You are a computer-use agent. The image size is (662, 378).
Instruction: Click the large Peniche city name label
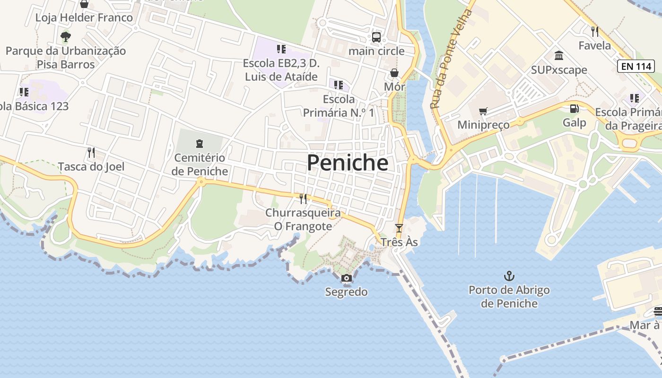pyautogui.click(x=348, y=163)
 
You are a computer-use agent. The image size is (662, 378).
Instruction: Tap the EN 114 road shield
pyautogui.click(x=636, y=66)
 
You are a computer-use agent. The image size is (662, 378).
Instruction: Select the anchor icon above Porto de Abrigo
pyautogui.click(x=509, y=276)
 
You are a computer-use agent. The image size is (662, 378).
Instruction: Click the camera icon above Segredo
pyautogui.click(x=346, y=278)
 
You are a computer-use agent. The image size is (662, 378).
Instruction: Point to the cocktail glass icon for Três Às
pyautogui.click(x=399, y=228)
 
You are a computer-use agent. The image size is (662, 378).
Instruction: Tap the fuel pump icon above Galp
pyautogui.click(x=574, y=109)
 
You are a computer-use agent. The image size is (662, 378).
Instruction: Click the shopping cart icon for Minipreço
pyautogui.click(x=483, y=112)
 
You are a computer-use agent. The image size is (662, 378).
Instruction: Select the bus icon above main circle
pyautogui.click(x=376, y=37)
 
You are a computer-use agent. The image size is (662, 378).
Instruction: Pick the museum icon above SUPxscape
pyautogui.click(x=559, y=56)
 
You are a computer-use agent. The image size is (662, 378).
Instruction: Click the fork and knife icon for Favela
pyautogui.click(x=595, y=32)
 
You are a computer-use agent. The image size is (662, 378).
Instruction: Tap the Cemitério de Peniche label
pyautogui.click(x=200, y=164)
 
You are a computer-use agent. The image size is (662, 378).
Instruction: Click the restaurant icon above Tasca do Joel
pyautogui.click(x=91, y=153)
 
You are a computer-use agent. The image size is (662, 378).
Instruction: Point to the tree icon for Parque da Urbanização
pyautogui.click(x=66, y=36)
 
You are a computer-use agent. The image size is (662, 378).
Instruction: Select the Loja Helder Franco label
pyautogui.click(x=84, y=18)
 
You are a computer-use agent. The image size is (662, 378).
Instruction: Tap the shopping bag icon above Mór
pyautogui.click(x=394, y=73)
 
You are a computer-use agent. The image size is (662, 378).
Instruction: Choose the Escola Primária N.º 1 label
pyautogui.click(x=339, y=106)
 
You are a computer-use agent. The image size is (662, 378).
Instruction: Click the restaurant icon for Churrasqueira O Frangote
pyautogui.click(x=303, y=198)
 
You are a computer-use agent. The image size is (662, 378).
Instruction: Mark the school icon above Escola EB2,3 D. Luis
pyautogui.click(x=281, y=49)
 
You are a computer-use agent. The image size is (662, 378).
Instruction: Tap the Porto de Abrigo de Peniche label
pyautogui.click(x=509, y=296)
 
